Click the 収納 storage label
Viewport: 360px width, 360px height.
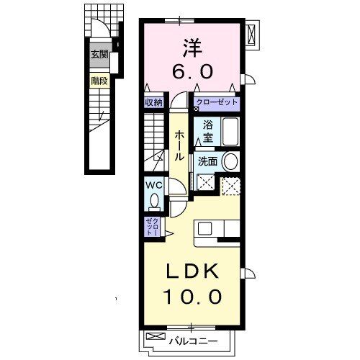click(153, 103)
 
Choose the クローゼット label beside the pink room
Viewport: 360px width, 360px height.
click(216, 103)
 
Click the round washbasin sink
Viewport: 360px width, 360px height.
click(230, 161)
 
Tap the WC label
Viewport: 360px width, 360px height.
click(153, 186)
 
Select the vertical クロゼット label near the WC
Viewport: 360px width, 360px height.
click(153, 226)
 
